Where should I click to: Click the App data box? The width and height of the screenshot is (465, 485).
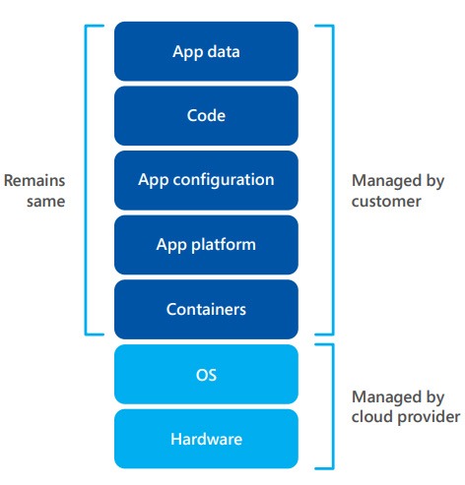(206, 51)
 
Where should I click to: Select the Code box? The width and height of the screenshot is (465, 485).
(206, 116)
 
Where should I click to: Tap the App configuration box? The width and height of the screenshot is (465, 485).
(206, 180)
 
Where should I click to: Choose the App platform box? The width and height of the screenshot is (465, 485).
(206, 245)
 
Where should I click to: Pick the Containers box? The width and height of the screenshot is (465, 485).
(206, 310)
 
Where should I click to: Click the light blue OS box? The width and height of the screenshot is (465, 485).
(206, 374)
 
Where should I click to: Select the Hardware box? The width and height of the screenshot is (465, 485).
(206, 439)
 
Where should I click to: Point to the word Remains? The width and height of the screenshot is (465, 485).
(34, 181)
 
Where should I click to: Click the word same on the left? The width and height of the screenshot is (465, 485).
(46, 202)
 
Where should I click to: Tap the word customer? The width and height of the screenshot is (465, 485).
(386, 202)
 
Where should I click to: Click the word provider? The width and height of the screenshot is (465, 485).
(429, 417)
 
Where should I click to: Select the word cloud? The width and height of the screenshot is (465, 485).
(372, 416)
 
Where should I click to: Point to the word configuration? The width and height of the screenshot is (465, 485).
(224, 180)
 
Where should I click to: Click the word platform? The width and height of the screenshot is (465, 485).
(224, 245)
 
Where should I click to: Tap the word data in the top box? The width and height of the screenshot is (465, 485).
(224, 52)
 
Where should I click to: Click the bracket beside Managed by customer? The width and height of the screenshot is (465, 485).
(333, 180)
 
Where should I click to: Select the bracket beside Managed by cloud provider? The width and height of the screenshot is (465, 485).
(333, 406)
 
